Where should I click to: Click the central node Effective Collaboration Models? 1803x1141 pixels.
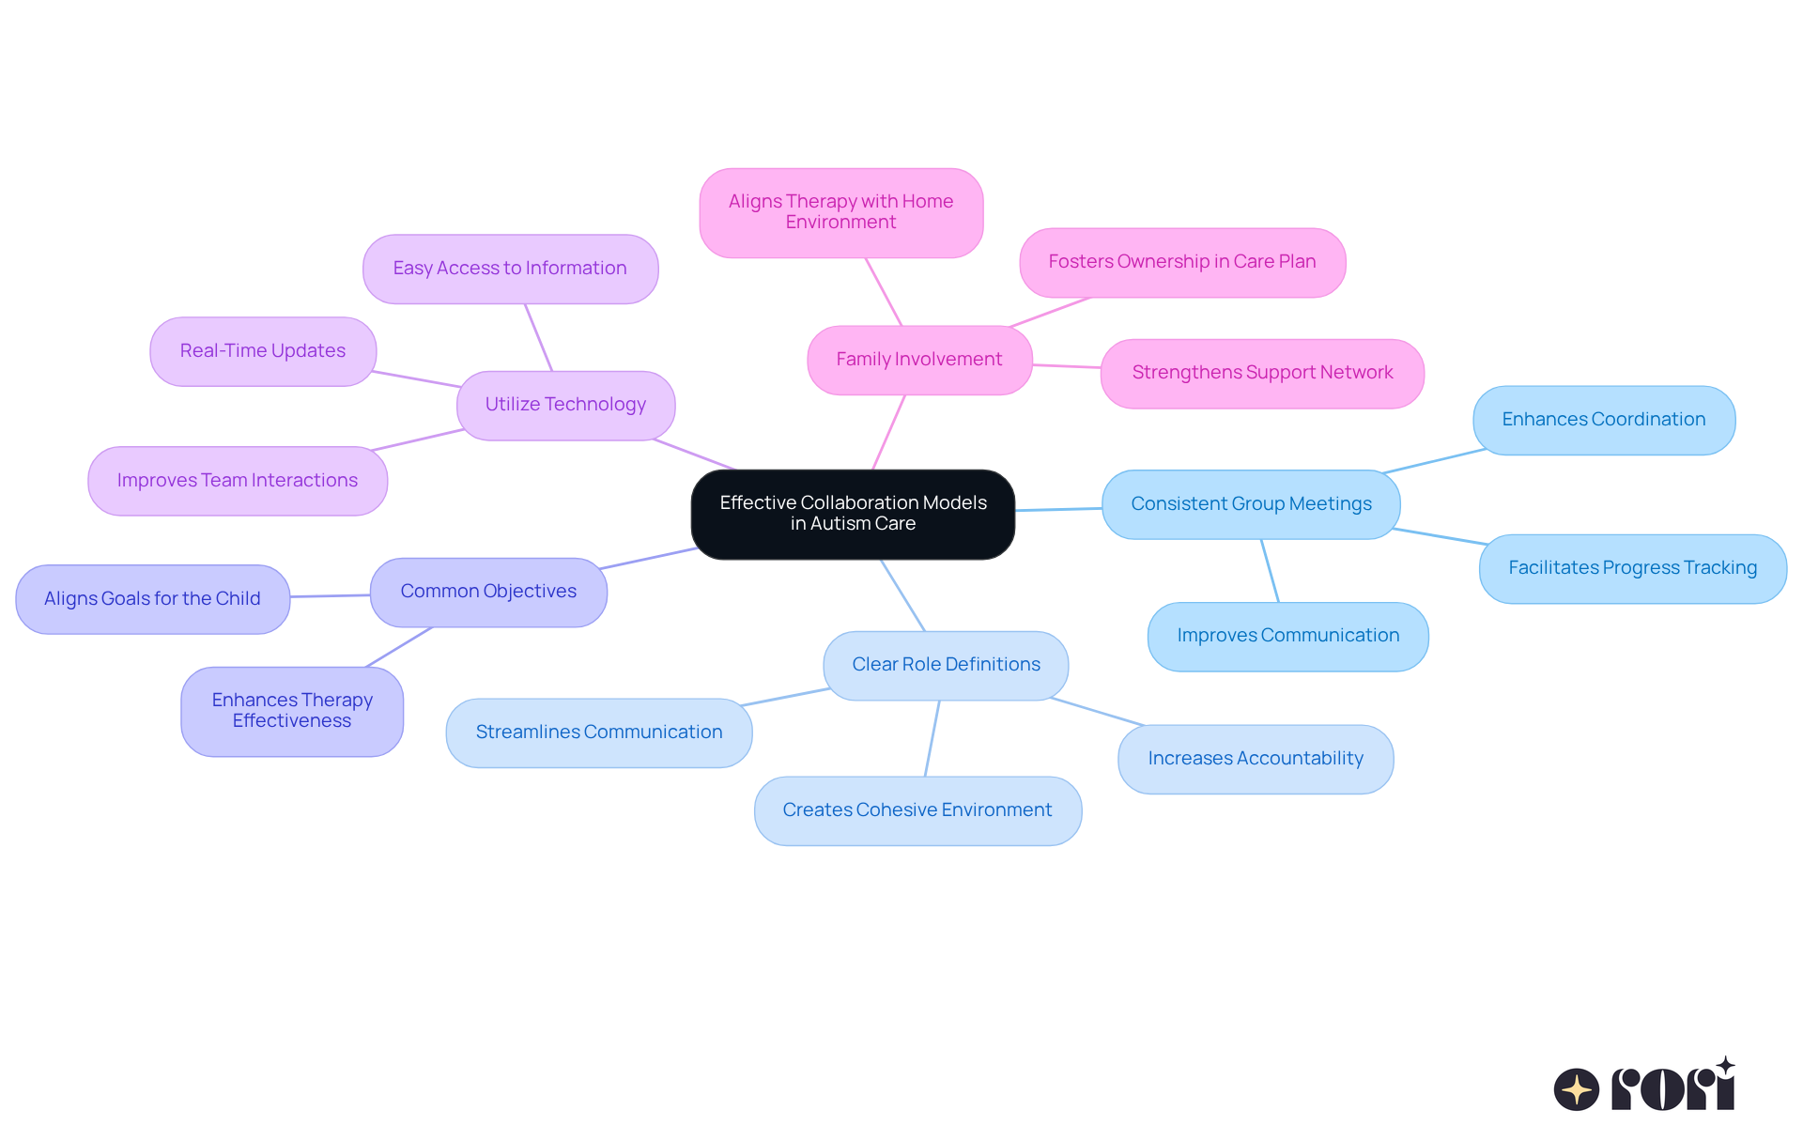point(853,514)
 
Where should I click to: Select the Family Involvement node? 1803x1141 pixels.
point(919,360)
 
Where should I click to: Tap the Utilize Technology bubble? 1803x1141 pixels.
point(565,405)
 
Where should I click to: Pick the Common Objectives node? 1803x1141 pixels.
point(488,592)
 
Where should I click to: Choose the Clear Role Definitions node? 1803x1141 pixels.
point(946,665)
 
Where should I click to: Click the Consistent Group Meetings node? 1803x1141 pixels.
point(1251,504)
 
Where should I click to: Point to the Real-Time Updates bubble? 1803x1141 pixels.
point(263,351)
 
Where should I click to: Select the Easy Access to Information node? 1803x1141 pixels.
point(510,269)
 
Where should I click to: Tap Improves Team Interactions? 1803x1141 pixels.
point(238,481)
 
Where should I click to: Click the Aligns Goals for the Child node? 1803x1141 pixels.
point(152,599)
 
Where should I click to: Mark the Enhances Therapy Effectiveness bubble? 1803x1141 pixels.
point(292,711)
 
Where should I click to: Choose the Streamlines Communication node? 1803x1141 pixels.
point(599,732)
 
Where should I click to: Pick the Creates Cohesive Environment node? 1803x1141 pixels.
point(917,810)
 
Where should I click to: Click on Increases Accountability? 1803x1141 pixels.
point(1256,759)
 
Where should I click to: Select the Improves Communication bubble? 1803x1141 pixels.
point(1287,636)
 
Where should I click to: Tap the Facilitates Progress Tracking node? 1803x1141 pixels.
point(1632,568)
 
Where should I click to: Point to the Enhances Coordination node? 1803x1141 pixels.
point(1604,420)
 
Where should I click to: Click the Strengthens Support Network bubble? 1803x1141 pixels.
point(1262,373)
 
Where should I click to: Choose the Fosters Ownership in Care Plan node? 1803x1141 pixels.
point(1182,262)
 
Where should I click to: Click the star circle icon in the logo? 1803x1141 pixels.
point(1577,1089)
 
